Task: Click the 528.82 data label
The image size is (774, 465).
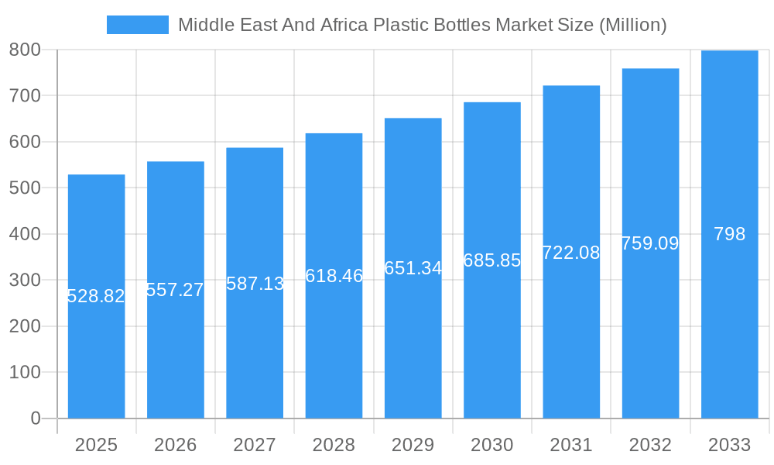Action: coord(96,296)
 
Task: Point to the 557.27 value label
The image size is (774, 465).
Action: coord(175,290)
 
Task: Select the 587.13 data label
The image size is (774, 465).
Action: coord(255,284)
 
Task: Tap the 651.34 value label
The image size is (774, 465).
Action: coord(413,268)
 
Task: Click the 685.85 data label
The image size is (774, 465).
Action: coord(492,260)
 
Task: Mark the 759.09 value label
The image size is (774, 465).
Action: coord(650,243)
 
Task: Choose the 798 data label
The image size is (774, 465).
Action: coord(729,234)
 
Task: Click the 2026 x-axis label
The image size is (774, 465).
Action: coord(175,445)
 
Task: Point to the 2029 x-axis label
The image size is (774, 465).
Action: coord(413,445)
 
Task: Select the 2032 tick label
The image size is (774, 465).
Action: coord(650,445)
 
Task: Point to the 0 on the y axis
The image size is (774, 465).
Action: coord(35,418)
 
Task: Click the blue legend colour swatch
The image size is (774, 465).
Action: coord(137,25)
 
